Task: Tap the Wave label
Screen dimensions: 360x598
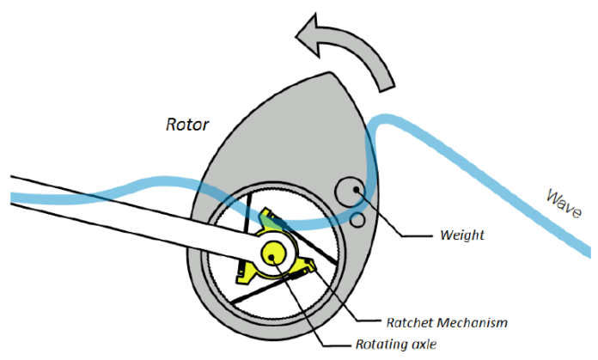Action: (x=565, y=206)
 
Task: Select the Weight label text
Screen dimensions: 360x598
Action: (x=461, y=234)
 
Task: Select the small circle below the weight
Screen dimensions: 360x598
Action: (x=357, y=221)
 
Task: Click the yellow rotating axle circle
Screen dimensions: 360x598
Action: (x=276, y=253)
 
